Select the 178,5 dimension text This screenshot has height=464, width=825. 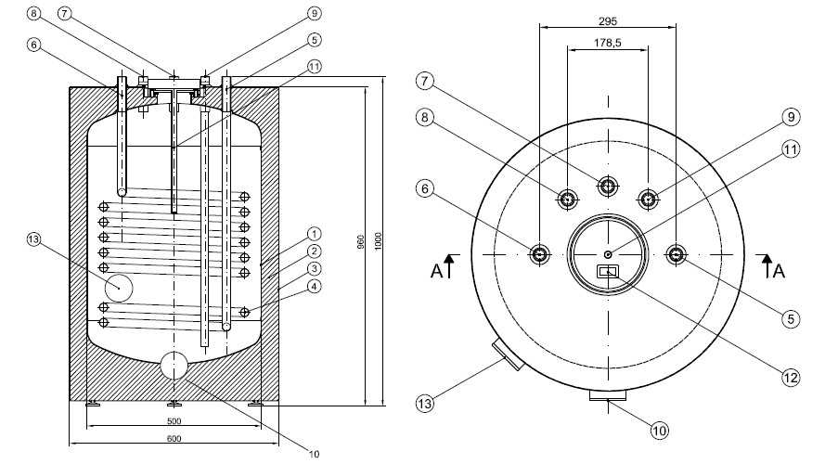pyautogui.click(x=608, y=43)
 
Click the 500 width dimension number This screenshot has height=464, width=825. pyautogui.click(x=174, y=424)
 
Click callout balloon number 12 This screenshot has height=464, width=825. pyautogui.click(x=790, y=377)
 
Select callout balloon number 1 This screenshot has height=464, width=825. pyautogui.click(x=315, y=234)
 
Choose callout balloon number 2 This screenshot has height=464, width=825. pyautogui.click(x=315, y=251)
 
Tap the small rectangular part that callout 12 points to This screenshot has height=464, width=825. pyautogui.click(x=607, y=271)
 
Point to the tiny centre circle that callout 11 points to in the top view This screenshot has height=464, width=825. pyautogui.click(x=607, y=255)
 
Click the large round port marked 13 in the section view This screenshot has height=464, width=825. pyautogui.click(x=119, y=288)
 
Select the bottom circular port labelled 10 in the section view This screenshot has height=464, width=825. pyautogui.click(x=174, y=366)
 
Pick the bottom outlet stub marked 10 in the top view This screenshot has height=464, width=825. pyautogui.click(x=607, y=398)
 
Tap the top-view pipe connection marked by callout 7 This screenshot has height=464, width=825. pyautogui.click(x=607, y=186)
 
